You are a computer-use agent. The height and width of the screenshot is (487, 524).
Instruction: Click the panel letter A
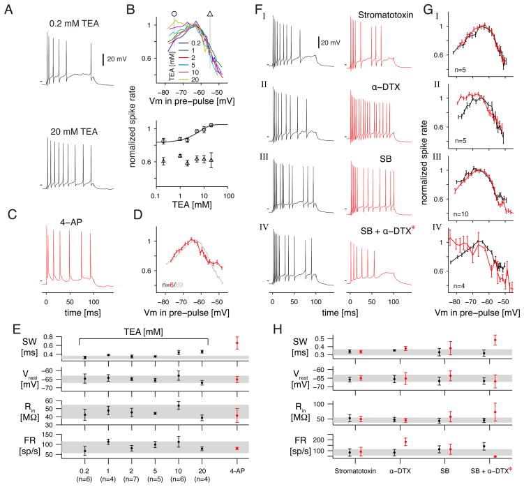click(9, 10)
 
